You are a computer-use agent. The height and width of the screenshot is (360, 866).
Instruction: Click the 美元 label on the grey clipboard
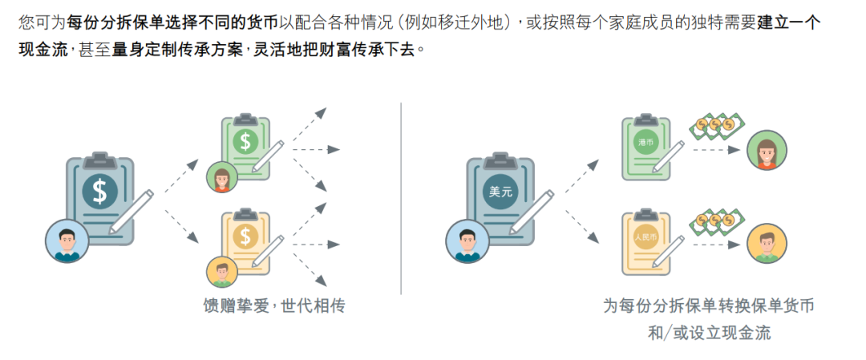(x=500, y=192)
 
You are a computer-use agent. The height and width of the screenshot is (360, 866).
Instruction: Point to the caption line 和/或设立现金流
(x=709, y=333)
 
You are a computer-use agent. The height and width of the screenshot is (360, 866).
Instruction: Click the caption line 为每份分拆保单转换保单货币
(x=709, y=306)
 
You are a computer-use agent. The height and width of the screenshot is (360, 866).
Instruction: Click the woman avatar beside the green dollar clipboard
(x=223, y=179)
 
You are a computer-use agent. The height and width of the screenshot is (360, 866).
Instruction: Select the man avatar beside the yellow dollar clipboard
(x=223, y=273)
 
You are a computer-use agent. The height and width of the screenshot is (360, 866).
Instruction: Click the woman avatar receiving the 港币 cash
(x=767, y=151)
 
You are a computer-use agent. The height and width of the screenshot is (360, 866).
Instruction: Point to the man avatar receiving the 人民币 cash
(x=767, y=244)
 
